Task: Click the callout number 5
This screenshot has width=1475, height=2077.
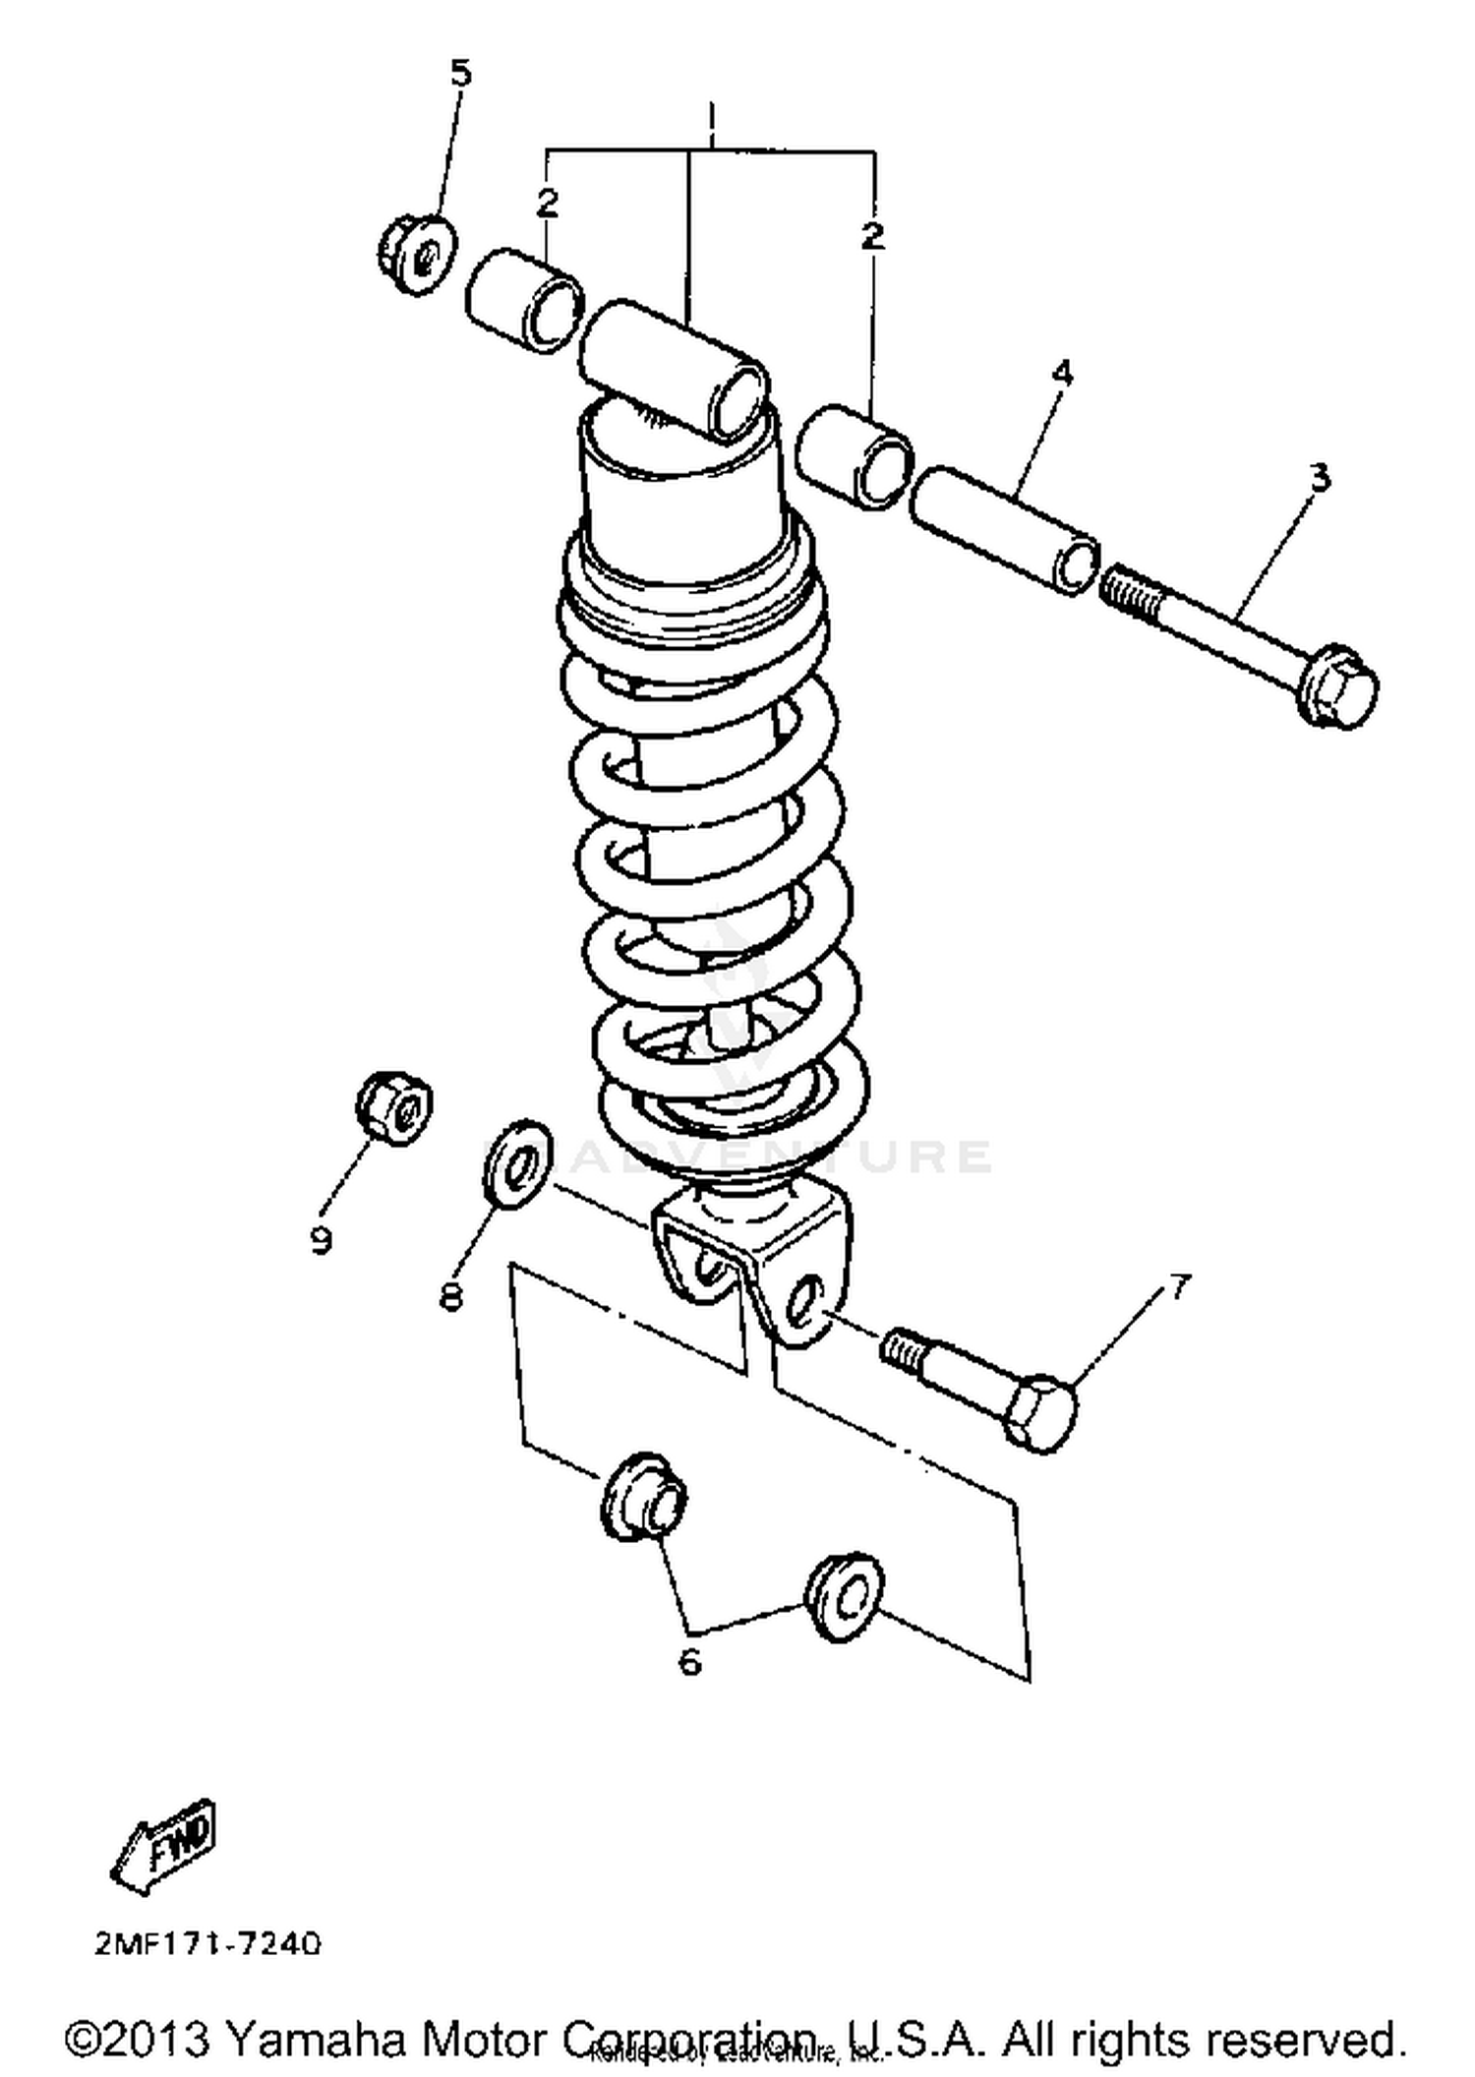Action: (460, 74)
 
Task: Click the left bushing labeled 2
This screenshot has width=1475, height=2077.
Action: (525, 303)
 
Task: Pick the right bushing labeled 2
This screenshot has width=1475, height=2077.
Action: (855, 456)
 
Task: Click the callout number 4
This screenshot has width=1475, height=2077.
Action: (1062, 374)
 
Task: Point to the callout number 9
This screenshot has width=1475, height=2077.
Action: (321, 1240)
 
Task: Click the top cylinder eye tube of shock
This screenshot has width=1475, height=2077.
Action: (674, 368)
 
